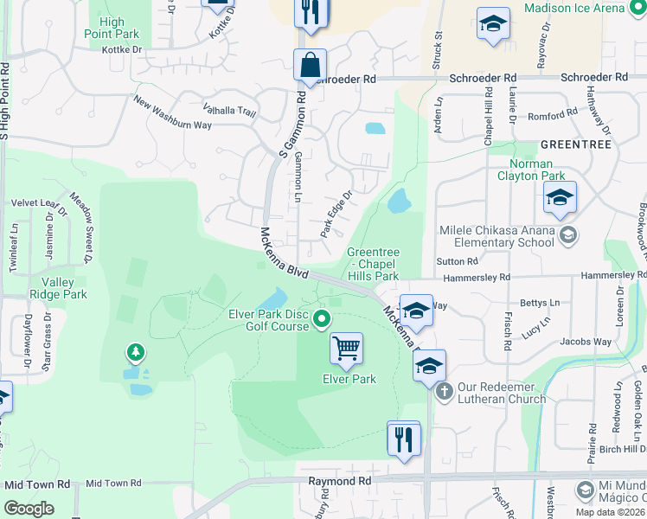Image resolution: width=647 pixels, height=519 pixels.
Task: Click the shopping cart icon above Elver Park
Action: pyautogui.click(x=347, y=348)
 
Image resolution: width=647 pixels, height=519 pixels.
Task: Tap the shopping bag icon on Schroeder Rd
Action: pyautogui.click(x=310, y=64)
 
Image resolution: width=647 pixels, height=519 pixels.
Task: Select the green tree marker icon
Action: pyautogui.click(x=135, y=352)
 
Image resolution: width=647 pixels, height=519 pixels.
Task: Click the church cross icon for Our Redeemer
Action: pyautogui.click(x=445, y=391)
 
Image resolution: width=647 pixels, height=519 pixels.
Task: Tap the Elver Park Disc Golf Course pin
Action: pyautogui.click(x=322, y=320)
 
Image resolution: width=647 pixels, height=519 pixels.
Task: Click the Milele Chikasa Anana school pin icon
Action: pyautogui.click(x=568, y=234)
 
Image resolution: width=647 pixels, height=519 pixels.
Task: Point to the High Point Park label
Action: pyautogui.click(x=119, y=28)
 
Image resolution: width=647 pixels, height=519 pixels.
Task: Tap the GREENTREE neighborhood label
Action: pyautogui.click(x=575, y=143)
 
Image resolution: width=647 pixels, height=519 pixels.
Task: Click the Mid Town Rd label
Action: pyautogui.click(x=113, y=484)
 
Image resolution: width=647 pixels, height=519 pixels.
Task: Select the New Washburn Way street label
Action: pyautogui.click(x=172, y=112)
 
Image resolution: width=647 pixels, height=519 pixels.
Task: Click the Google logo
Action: pyautogui.click(x=29, y=509)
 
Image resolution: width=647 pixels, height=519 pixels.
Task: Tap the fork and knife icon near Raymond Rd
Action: pyautogui.click(x=403, y=439)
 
